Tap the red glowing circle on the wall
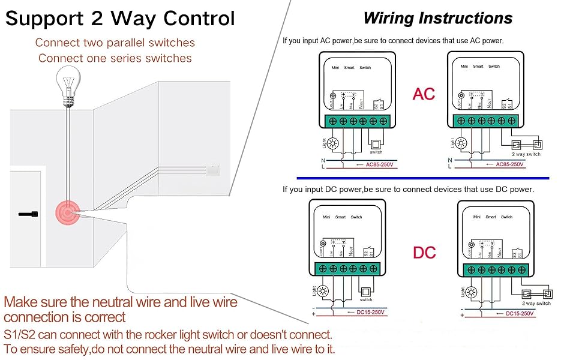(68, 211)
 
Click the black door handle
(29, 214)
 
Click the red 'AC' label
(424, 94)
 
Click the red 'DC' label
(424, 252)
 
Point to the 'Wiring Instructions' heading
(438, 18)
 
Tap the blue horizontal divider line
(423, 178)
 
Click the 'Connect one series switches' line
(115, 58)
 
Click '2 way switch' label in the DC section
(535, 304)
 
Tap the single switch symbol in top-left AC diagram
(376, 144)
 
